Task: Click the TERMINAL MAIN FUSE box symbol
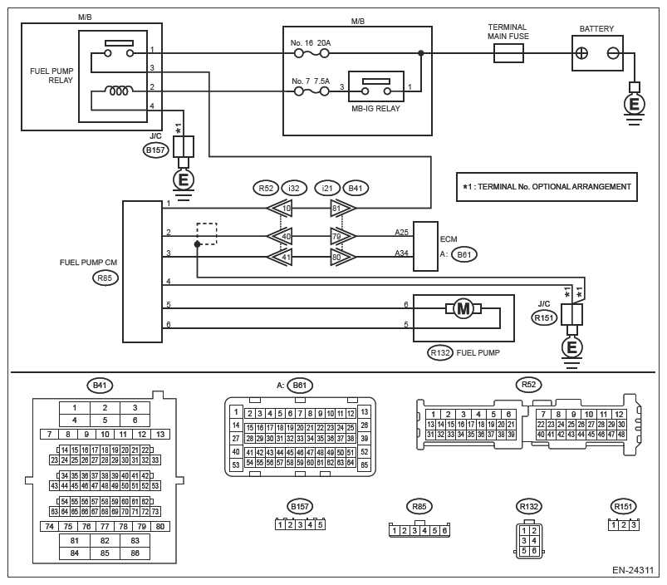click(x=508, y=54)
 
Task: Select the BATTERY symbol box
click(x=596, y=54)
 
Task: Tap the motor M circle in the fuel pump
click(x=463, y=309)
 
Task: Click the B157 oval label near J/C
click(x=155, y=150)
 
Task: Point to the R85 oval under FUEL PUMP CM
click(x=105, y=278)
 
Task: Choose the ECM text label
click(x=449, y=238)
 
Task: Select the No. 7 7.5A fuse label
click(x=311, y=81)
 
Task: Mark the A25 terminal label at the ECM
click(x=401, y=234)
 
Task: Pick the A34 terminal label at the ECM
click(x=401, y=253)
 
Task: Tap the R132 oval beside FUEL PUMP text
click(x=440, y=353)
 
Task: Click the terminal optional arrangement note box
click(x=545, y=187)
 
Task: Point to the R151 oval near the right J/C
click(x=545, y=316)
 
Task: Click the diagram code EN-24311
click(x=634, y=571)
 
